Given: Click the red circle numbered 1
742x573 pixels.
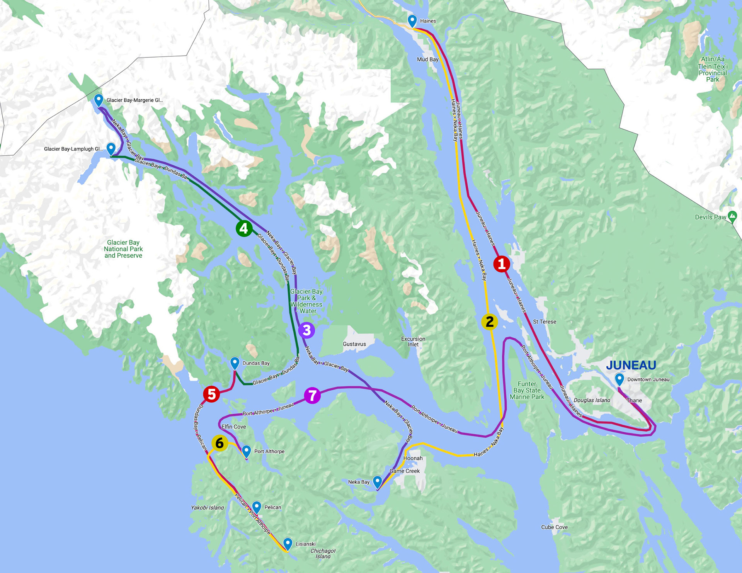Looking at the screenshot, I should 502,264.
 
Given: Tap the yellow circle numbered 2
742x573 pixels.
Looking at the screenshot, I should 489,321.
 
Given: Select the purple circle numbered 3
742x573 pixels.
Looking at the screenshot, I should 306,330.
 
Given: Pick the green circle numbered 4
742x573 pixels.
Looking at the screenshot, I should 244,228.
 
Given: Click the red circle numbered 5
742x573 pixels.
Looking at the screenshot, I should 211,394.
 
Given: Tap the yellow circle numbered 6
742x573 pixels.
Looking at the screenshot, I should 220,443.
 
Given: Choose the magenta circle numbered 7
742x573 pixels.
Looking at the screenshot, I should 312,395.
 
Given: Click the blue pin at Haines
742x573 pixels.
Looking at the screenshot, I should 412,20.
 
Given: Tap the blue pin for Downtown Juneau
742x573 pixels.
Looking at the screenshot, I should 619,379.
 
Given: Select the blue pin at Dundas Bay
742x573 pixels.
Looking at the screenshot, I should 235,363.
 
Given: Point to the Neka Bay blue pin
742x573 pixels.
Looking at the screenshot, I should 377,481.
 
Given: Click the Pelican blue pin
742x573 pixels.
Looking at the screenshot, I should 257,507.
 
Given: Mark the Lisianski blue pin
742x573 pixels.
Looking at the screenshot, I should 288,543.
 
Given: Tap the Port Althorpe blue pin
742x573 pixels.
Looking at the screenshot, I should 246,451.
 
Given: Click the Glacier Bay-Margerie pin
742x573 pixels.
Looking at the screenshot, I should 99,100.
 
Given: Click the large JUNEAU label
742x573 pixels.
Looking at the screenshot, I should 631,365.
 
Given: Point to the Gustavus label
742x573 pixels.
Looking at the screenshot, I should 354,344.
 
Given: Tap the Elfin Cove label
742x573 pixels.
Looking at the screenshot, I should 233,427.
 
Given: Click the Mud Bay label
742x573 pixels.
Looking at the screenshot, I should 427,60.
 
